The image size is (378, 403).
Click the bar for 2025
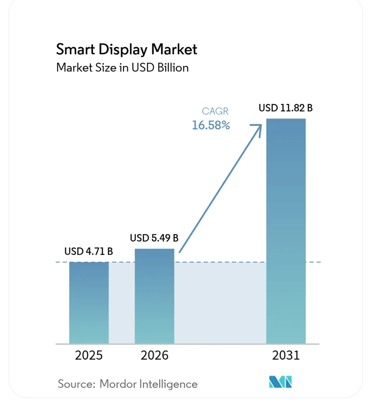89,303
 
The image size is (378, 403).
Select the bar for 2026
154,296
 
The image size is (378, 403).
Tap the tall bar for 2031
286,231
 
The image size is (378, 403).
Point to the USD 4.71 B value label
88,252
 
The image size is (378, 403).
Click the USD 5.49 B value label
154,238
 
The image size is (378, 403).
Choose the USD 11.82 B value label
286,108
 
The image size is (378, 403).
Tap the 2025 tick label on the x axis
89,355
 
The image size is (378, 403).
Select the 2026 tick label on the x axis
154,355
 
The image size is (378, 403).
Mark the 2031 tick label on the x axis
286,355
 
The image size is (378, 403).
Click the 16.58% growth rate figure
211,125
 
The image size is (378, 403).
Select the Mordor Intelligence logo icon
280,382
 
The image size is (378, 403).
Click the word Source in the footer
74,384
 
